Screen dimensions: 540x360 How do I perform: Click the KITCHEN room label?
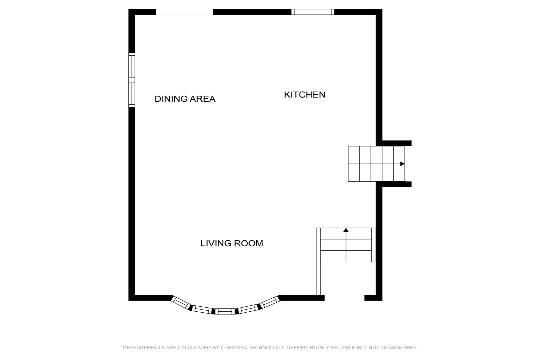pos(305,95)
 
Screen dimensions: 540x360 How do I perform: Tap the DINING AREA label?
pos(185,99)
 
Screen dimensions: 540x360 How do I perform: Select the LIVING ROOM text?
pos(232,243)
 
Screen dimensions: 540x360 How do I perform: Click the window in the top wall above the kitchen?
pos(313,12)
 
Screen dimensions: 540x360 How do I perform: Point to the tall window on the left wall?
pos(132,80)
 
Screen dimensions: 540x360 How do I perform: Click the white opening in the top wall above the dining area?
pos(185,12)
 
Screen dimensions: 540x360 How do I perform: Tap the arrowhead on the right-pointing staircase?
pos(402,164)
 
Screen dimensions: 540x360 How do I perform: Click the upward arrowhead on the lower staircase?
pos(346,230)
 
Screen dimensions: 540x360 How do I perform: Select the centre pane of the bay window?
pos(225,311)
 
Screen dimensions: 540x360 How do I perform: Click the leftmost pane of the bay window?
pos(181,303)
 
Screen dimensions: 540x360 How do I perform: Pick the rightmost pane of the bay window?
pos(270,302)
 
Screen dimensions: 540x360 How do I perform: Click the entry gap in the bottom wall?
pos(344,298)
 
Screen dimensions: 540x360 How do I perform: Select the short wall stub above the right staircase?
pos(397,143)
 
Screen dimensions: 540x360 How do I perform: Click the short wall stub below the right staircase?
pos(397,184)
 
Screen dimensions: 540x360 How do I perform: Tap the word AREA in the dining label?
pos(202,99)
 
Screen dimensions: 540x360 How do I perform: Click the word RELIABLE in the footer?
pos(342,348)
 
